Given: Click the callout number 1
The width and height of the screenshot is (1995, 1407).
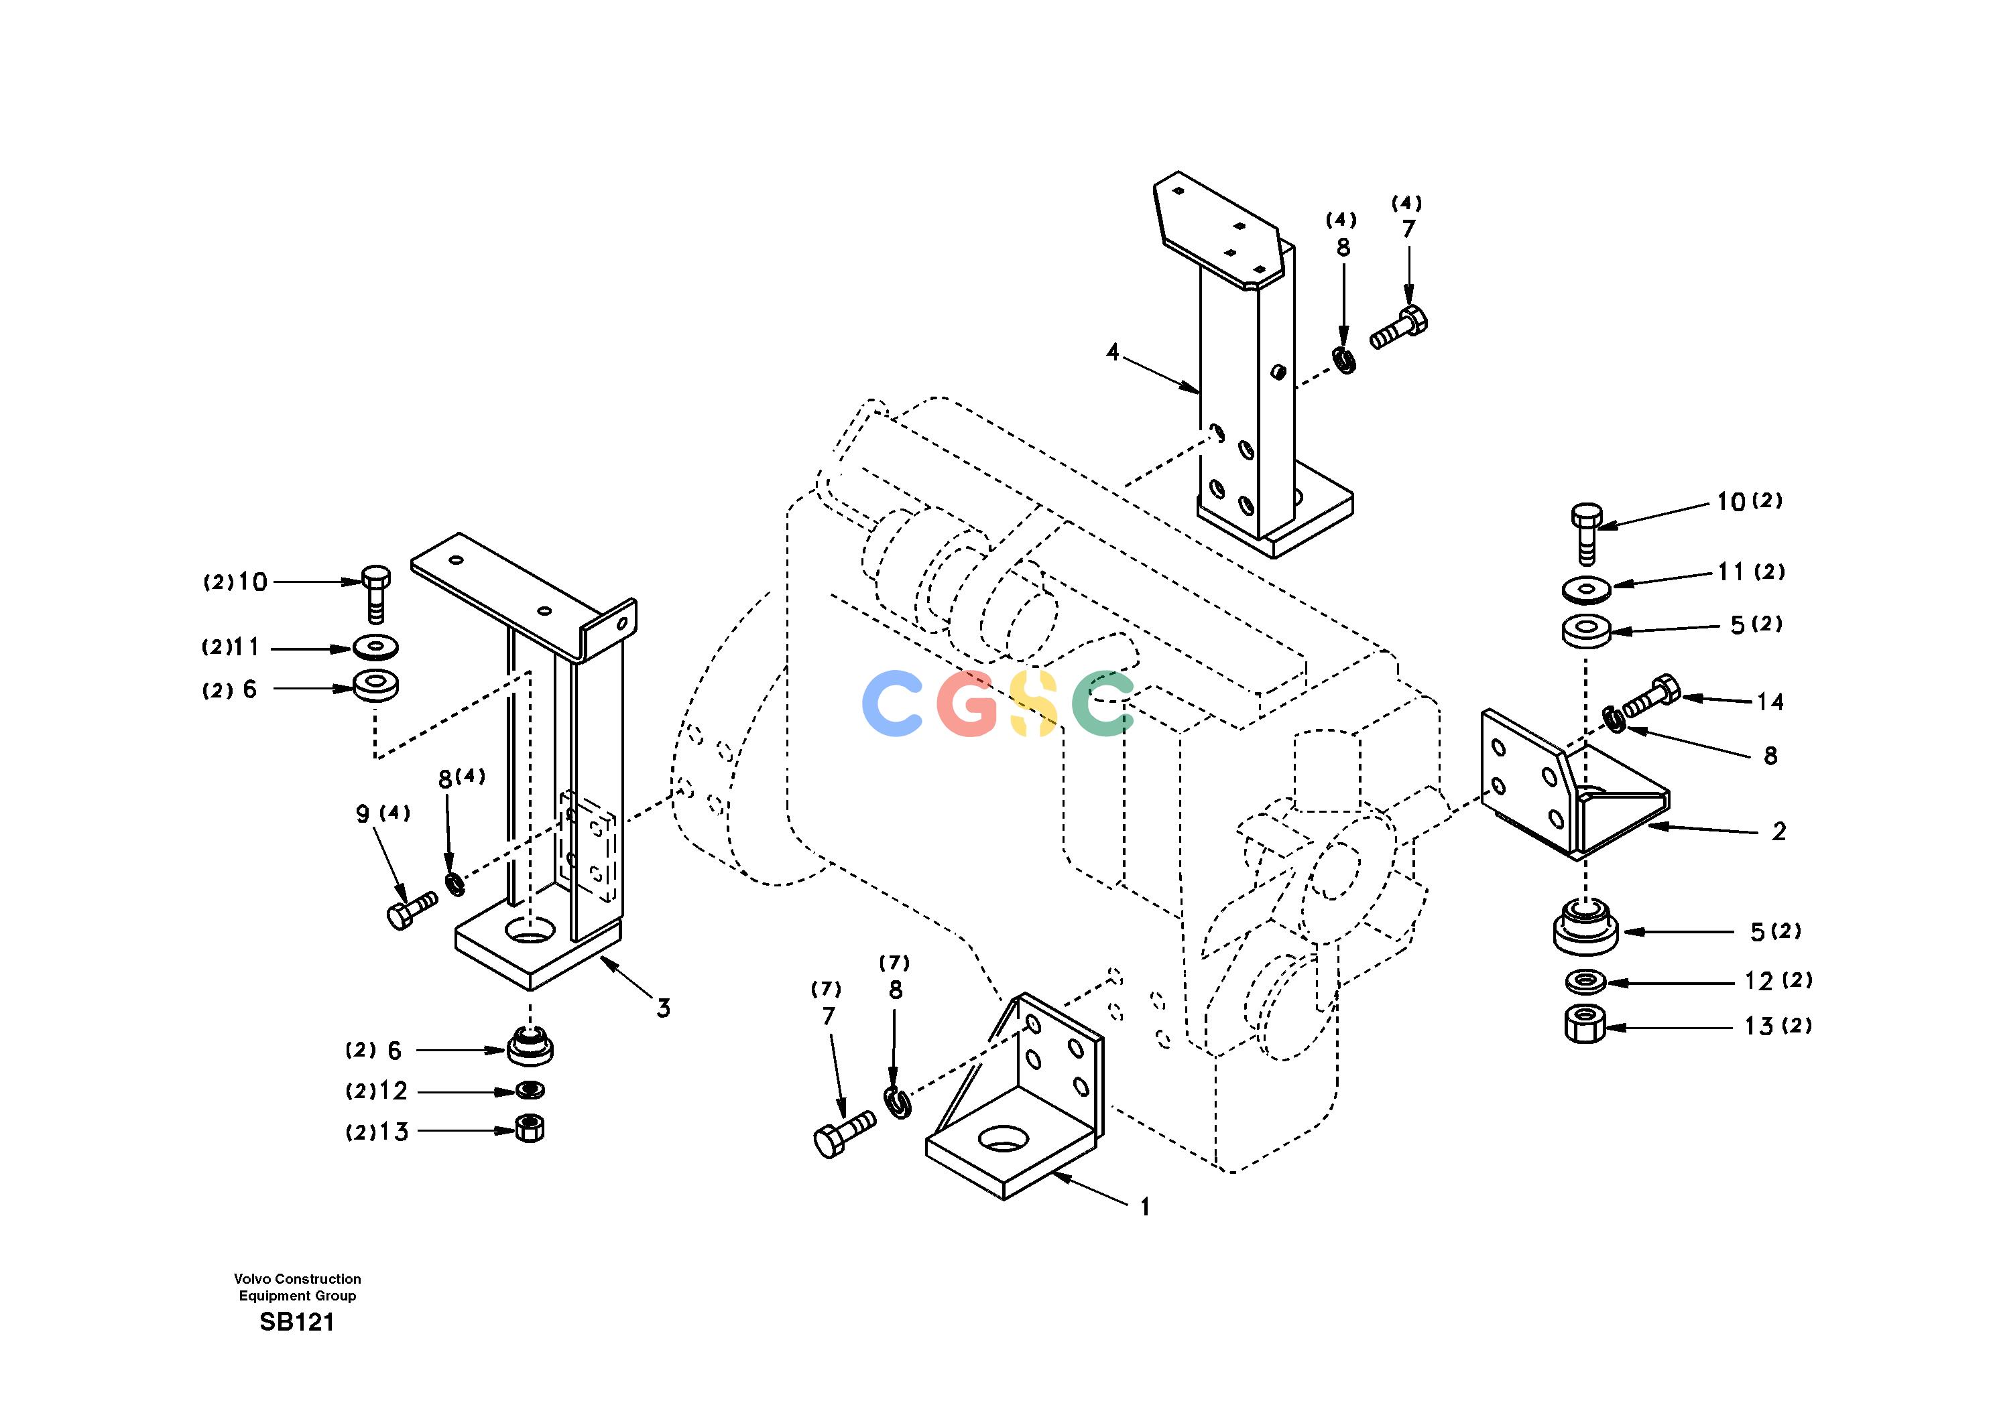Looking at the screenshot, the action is pos(1145,1207).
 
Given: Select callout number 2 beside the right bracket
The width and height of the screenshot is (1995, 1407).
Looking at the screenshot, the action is pos(1778,831).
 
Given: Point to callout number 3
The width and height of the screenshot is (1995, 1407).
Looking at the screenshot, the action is pos(663,1008).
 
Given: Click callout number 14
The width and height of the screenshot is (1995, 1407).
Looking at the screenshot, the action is pos(1770,701).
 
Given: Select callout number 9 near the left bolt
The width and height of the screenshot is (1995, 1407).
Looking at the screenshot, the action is pos(363,815).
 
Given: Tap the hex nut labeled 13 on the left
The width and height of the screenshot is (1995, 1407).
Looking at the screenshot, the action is pos(529,1128).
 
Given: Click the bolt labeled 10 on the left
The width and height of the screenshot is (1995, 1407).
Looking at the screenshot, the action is pos(375,594).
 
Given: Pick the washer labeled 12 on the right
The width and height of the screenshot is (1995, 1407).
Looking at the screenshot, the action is pos(1587,981).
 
